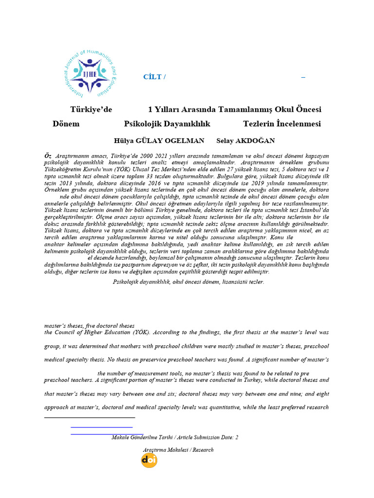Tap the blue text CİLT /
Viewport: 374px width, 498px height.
click(x=154, y=77)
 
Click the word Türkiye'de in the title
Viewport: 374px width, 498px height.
click(x=91, y=109)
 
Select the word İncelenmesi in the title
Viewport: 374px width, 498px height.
click(x=298, y=124)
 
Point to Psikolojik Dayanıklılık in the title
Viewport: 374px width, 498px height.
click(x=167, y=124)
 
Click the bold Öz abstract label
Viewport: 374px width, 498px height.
click(x=48, y=155)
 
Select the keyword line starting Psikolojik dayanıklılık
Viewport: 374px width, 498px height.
click(x=188, y=282)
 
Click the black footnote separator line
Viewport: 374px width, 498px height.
click(x=90, y=417)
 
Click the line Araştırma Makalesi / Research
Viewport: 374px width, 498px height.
click(x=176, y=450)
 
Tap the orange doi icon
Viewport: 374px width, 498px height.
click(x=149, y=460)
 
